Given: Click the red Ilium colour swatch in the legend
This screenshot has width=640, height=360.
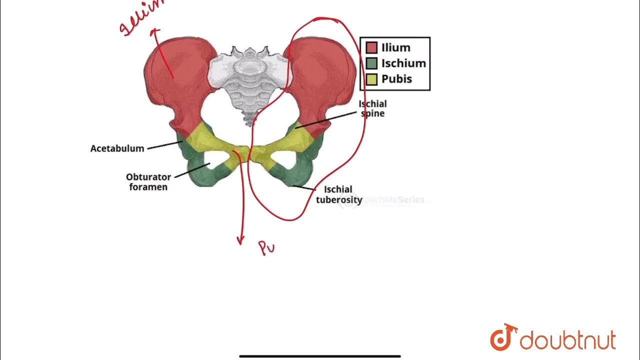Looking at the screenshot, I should click(371, 47).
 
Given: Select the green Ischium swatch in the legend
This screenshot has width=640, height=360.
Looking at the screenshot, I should click(371, 63).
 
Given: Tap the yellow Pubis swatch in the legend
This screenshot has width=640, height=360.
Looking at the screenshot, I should click(371, 79).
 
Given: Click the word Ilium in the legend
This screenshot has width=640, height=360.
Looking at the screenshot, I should click(395, 47).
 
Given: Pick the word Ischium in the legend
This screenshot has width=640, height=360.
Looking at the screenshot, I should click(403, 63).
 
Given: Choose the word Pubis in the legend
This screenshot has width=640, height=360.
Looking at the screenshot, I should click(396, 79).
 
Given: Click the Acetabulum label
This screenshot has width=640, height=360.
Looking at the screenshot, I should click(117, 148).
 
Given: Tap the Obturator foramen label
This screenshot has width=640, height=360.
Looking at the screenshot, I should click(148, 181).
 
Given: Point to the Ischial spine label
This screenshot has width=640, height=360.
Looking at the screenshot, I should click(372, 108).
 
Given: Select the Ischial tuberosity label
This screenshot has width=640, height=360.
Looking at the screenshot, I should click(339, 194).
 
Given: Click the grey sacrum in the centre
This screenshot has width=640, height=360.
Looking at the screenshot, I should click(248, 80).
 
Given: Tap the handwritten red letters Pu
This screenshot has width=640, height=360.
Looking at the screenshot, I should click(267, 247).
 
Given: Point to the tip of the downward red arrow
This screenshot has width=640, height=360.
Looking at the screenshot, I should click(240, 243).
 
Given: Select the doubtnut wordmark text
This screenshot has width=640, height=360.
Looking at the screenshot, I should click(567, 341).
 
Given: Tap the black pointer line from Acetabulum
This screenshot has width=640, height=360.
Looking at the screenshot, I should click(165, 145).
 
